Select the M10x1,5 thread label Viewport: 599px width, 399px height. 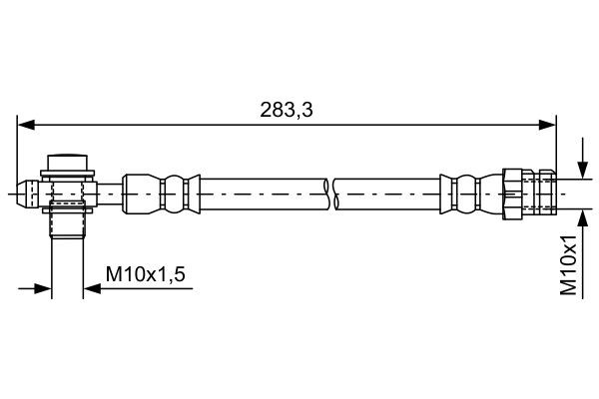[x=148, y=271]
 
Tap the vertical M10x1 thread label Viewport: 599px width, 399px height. [x=569, y=265]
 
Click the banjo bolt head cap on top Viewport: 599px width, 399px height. [x=69, y=162]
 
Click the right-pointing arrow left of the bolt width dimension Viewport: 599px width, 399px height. [x=43, y=289]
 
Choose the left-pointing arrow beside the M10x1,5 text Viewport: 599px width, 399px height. [x=93, y=289]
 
